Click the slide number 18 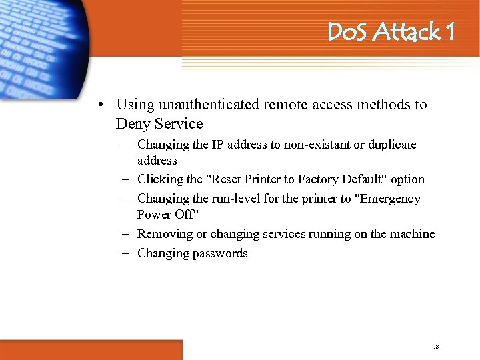pos(436,347)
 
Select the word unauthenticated pos(206,105)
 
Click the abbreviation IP pos(219,145)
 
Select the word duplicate pos(390,145)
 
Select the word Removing pos(163,234)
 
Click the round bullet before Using pos(99,105)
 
